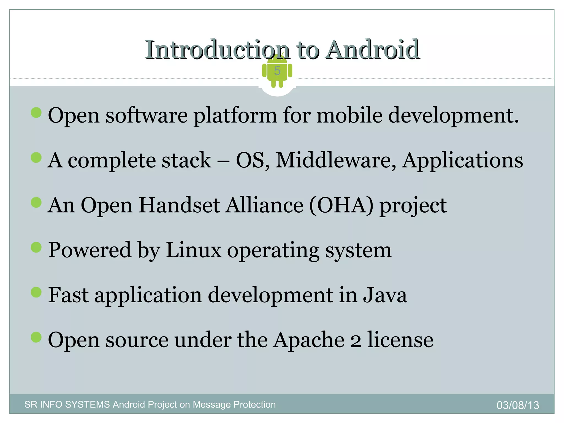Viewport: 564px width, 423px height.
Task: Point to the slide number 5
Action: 277,71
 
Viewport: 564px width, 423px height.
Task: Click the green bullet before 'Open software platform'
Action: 36,112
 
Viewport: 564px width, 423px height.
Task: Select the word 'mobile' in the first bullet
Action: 349,115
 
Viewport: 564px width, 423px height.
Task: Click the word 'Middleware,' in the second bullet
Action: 336,160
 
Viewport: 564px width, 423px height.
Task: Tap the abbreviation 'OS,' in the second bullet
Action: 253,160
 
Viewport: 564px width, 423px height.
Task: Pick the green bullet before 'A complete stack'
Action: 36,158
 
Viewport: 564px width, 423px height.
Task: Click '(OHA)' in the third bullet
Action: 341,205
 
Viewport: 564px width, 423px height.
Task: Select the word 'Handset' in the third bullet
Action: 179,205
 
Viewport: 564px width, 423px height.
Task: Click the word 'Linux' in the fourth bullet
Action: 194,250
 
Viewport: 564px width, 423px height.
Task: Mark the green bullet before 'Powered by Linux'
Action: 36,247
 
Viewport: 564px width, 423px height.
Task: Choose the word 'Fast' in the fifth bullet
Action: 69,295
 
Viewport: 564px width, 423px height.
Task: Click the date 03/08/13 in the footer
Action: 518,405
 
